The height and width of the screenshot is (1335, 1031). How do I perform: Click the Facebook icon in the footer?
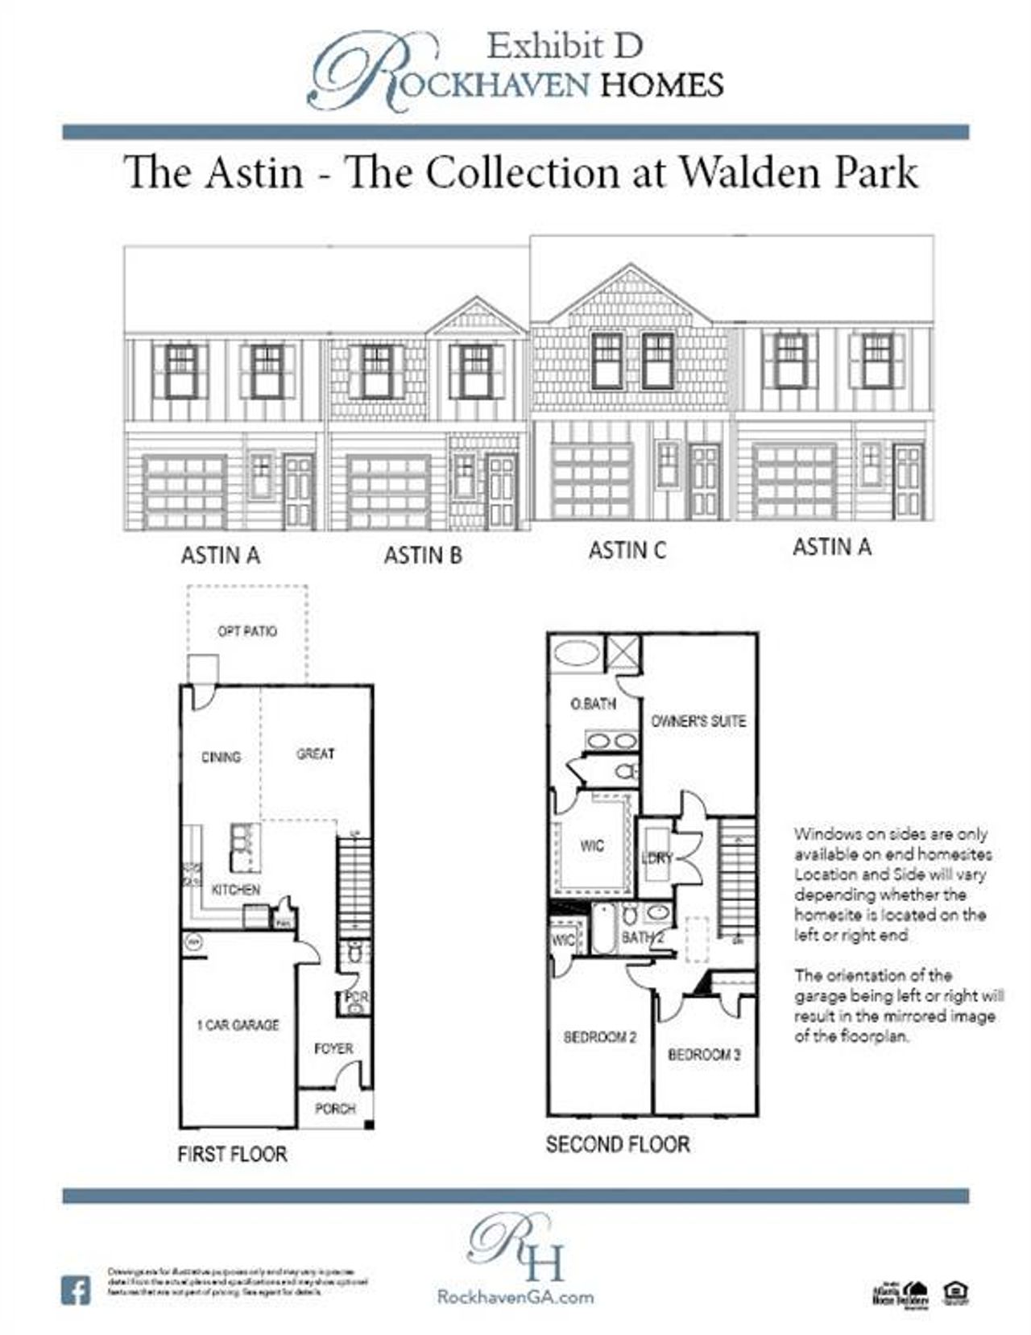pyautogui.click(x=76, y=1292)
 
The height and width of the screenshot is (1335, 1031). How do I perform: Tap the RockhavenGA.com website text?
pyautogui.click(x=515, y=1297)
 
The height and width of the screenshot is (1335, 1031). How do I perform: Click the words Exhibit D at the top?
pyautogui.click(x=565, y=47)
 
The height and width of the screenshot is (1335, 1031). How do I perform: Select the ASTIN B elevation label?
pyautogui.click(x=423, y=556)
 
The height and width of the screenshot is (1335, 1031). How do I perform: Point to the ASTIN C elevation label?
pyautogui.click(x=627, y=551)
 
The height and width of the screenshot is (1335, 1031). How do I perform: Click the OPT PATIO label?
pyautogui.click(x=246, y=631)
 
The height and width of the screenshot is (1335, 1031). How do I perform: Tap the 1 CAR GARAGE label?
pyautogui.click(x=238, y=1025)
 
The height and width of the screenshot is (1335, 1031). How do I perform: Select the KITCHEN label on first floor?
pyautogui.click(x=235, y=890)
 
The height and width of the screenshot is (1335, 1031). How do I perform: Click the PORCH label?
pyautogui.click(x=335, y=1109)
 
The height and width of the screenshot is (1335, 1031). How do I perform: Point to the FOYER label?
pyautogui.click(x=333, y=1048)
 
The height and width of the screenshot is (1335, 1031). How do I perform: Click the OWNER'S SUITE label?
pyautogui.click(x=698, y=721)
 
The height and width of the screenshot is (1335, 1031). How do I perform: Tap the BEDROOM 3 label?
pyautogui.click(x=704, y=1054)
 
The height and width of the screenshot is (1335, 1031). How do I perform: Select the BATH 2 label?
pyautogui.click(x=642, y=938)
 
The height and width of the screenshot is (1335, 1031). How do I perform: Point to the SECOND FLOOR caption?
pyautogui.click(x=617, y=1144)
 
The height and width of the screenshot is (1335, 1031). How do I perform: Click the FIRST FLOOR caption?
pyautogui.click(x=232, y=1154)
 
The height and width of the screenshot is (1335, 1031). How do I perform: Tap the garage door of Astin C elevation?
pyautogui.click(x=592, y=482)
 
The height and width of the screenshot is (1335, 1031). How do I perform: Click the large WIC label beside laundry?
pyautogui.click(x=592, y=845)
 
